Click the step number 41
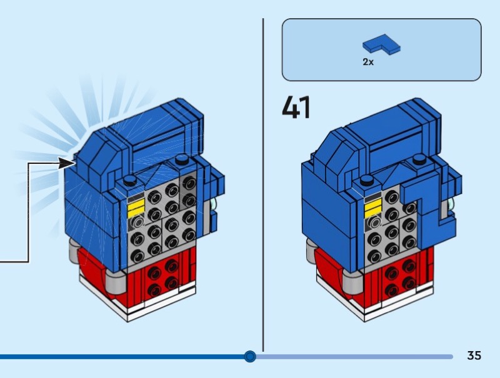[x=296, y=107]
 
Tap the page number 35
[x=474, y=355]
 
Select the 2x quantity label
[x=368, y=63]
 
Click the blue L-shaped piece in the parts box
[x=381, y=45]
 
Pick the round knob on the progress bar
[x=250, y=357]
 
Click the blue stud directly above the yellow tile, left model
[x=130, y=181]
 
